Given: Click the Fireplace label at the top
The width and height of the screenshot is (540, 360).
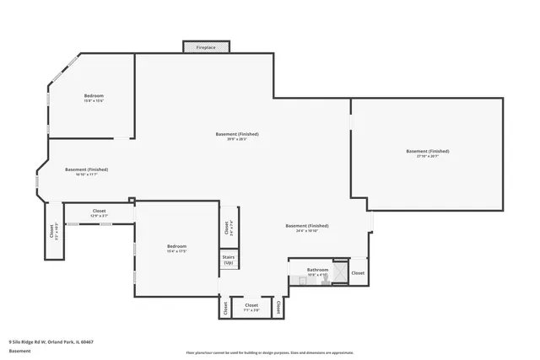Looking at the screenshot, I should (206, 48).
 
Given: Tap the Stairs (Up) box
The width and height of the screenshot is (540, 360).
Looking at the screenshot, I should (229, 261).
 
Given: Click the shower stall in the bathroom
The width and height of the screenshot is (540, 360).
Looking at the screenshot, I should (339, 271).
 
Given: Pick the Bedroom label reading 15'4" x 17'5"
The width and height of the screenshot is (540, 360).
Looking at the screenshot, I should (176, 248).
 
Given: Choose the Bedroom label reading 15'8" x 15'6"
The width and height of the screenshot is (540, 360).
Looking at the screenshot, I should (93, 99).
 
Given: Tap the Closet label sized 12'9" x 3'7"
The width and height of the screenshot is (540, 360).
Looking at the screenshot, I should (100, 213).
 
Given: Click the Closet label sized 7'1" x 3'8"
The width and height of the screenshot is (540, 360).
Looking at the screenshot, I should (251, 307).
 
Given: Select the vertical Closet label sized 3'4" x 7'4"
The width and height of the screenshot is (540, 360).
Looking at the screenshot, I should (226, 228).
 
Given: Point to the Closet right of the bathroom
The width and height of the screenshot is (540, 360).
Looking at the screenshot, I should (358, 273).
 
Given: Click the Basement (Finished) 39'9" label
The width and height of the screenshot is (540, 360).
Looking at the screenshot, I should (236, 137).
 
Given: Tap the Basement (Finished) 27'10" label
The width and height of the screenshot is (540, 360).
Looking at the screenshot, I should (427, 153).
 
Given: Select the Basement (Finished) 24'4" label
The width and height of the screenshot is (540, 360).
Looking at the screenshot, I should (306, 228).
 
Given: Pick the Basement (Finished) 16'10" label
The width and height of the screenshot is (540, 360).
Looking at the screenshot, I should (86, 171).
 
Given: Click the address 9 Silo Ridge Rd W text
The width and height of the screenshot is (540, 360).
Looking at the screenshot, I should (50, 341).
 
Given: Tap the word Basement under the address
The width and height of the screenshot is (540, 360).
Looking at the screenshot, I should (19, 351).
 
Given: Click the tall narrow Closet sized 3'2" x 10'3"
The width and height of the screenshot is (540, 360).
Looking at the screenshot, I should (52, 231).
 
